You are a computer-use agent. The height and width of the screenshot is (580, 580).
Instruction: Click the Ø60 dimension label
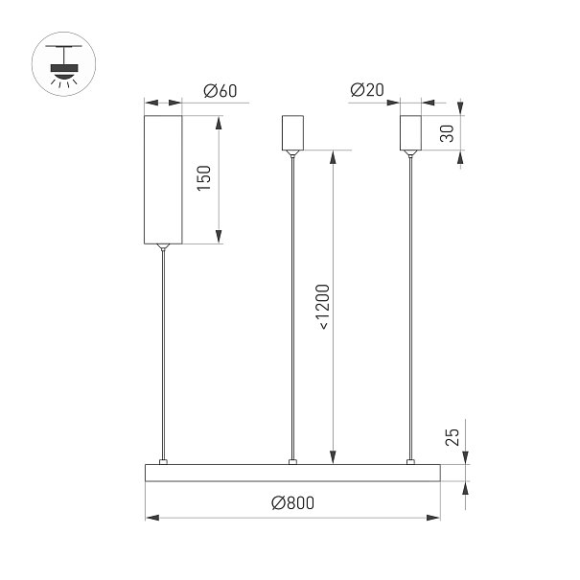click(220, 91)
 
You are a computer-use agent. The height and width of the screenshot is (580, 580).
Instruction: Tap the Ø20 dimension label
click(367, 90)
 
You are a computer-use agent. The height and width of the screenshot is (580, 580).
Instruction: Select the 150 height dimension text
click(204, 178)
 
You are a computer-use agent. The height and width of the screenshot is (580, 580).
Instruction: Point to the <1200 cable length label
click(322, 307)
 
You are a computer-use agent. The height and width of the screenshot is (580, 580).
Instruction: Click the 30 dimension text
click(447, 133)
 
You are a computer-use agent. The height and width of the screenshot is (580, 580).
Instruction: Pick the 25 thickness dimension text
click(452, 437)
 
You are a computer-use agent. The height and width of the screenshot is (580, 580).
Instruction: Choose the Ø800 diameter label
click(293, 502)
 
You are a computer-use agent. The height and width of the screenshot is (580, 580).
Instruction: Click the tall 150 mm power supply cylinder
click(163, 180)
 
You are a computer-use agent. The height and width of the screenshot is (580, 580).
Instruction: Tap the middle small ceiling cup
click(293, 133)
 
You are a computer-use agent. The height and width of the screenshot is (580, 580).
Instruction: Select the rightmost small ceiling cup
click(410, 133)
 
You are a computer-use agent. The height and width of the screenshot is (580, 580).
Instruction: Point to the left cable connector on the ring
click(163, 462)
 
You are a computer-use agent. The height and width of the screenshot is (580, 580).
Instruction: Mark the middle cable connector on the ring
click(292, 462)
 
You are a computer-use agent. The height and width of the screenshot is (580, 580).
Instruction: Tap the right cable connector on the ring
click(410, 462)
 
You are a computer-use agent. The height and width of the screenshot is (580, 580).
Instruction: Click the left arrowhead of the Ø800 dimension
click(152, 518)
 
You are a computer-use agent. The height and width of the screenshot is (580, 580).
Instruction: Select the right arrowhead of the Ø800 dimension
click(433, 518)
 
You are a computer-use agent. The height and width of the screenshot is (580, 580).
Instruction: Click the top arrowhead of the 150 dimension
click(219, 123)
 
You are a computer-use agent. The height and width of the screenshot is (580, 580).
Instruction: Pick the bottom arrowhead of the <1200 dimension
click(334, 457)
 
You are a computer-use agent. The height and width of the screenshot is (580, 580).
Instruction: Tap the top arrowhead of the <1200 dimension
click(334, 157)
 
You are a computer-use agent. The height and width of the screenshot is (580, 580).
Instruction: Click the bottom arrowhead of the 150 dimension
click(219, 237)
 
